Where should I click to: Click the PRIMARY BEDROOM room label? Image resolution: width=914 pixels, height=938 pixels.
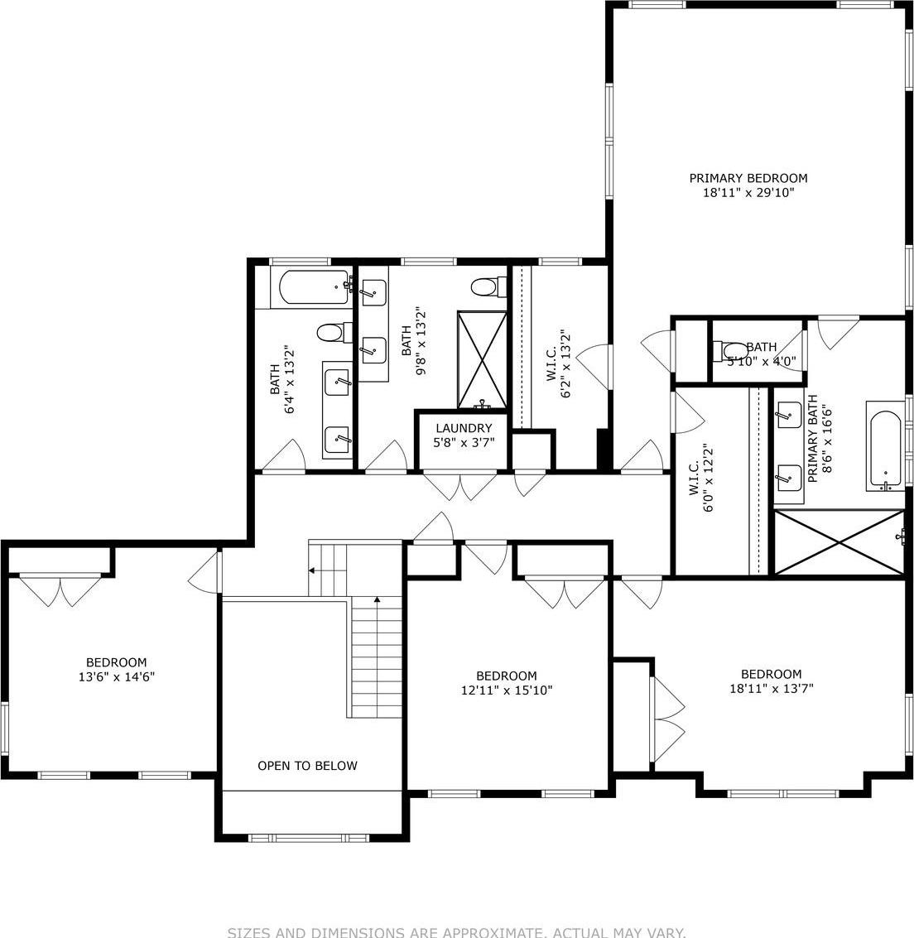click(748, 178)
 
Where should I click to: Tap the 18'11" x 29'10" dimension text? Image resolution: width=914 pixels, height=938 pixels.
click(748, 193)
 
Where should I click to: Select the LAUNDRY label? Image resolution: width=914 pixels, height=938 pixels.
click(464, 428)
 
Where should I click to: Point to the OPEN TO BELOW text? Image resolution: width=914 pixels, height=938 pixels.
click(307, 766)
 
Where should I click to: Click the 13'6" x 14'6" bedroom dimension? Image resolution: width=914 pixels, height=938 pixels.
click(117, 676)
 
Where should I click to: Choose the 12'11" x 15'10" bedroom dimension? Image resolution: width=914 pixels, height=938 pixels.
click(506, 690)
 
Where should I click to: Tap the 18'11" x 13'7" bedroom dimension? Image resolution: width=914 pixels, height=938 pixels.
click(771, 688)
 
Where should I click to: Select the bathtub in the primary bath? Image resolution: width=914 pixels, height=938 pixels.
click(885, 448)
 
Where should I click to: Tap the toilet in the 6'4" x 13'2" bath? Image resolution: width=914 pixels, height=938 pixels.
click(330, 333)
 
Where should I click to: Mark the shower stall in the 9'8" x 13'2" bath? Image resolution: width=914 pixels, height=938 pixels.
click(483, 359)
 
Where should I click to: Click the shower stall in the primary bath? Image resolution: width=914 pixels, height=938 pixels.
click(839, 542)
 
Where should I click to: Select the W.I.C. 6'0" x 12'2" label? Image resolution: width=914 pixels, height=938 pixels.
click(701, 479)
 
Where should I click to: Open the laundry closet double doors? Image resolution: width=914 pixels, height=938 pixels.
click(460, 486)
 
